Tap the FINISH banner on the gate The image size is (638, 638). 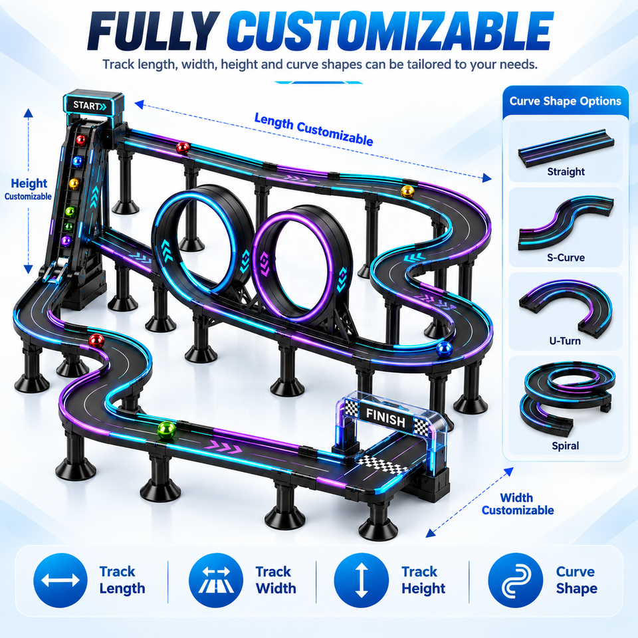pyautogui.click(x=385, y=417)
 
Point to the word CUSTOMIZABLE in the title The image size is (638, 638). pyautogui.click(x=390, y=31)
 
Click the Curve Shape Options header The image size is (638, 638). pyautogui.click(x=565, y=101)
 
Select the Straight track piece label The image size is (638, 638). pyautogui.click(x=566, y=171)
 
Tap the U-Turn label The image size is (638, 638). pyautogui.click(x=565, y=341)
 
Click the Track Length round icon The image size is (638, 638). pyautogui.click(x=60, y=580)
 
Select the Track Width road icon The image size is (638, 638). pyautogui.click(x=215, y=580)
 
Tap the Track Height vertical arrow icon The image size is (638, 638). pyautogui.click(x=361, y=580)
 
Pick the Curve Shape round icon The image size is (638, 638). pyautogui.click(x=515, y=580)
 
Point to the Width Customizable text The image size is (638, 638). pyautogui.click(x=518, y=504)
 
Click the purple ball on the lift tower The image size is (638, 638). pyautogui.click(x=66, y=241)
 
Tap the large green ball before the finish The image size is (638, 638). pyautogui.click(x=166, y=431)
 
